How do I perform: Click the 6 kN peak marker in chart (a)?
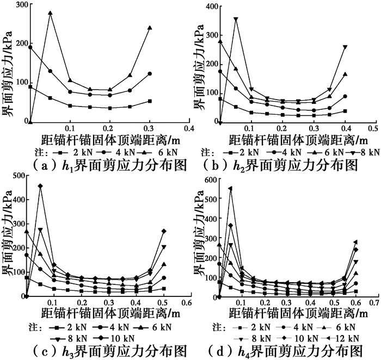point(50,13)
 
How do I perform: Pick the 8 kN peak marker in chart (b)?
point(236,19)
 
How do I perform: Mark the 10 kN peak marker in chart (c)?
point(40,187)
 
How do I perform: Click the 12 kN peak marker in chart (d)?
point(230,189)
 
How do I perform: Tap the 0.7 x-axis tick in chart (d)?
point(373,302)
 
